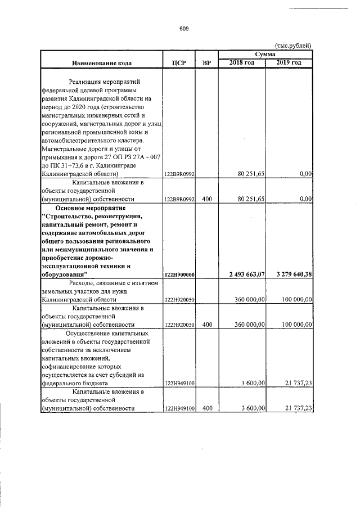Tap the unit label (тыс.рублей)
click(x=293, y=46)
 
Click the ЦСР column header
click(x=178, y=62)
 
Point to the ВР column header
click(x=206, y=62)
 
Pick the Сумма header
click(x=265, y=54)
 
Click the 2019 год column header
click(x=289, y=62)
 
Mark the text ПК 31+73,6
click(x=70, y=165)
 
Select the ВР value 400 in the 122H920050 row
click(x=206, y=325)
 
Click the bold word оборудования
click(x=64, y=274)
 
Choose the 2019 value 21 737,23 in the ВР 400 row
click(x=295, y=408)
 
